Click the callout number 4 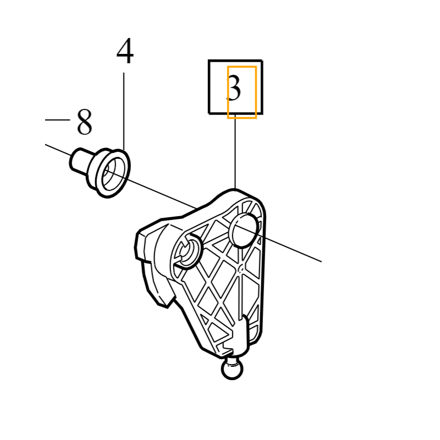point(125,52)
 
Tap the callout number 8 point(84,122)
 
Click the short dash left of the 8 point(57,119)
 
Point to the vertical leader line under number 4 point(124,110)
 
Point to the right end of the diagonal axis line point(320,261)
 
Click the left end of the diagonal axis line point(46,145)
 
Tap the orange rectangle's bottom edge point(242,117)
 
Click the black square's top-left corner point(210,61)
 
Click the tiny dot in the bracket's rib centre point(240,268)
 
